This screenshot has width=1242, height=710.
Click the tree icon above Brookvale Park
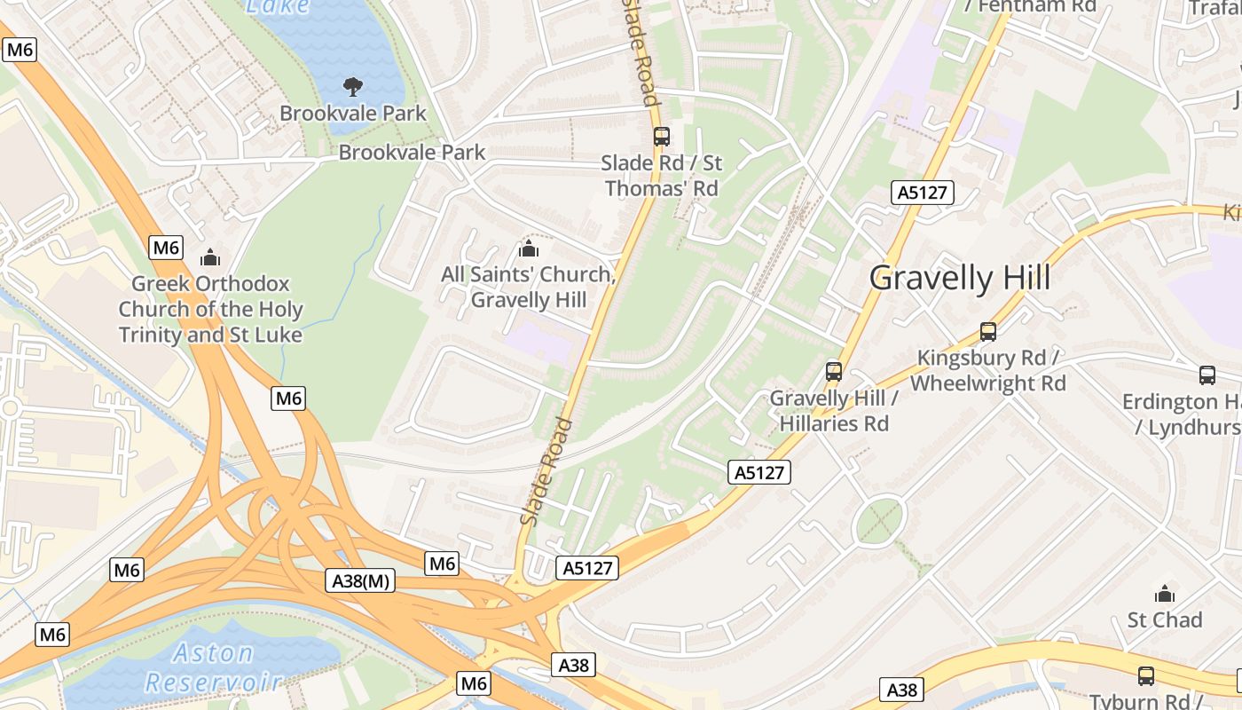pos(353,86)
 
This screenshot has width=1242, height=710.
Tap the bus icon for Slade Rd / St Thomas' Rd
pos(661,136)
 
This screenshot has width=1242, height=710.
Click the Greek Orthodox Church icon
pos(210,257)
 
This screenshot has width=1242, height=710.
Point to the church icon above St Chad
pos(1164,593)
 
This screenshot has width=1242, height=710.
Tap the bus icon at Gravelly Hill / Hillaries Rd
pos(833,371)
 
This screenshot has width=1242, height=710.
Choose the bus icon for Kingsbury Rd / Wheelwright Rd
pos(988,332)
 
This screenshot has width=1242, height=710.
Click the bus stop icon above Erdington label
pos(1207,375)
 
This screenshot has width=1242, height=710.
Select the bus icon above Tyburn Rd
pos(1146,675)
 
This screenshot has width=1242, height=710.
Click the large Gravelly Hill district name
pos(959,278)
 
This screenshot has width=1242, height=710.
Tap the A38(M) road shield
pos(361,581)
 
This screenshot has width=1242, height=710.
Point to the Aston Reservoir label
pos(213,667)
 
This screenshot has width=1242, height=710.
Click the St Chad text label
pos(1164,619)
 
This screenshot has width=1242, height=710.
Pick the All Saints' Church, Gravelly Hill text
pos(529,287)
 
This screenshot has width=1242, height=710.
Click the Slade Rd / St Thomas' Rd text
pos(661,175)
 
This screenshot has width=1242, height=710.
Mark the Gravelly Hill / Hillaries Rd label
pos(834,410)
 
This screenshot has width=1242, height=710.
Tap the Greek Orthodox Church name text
pos(210,309)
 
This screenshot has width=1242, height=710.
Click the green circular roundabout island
pos(880,520)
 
